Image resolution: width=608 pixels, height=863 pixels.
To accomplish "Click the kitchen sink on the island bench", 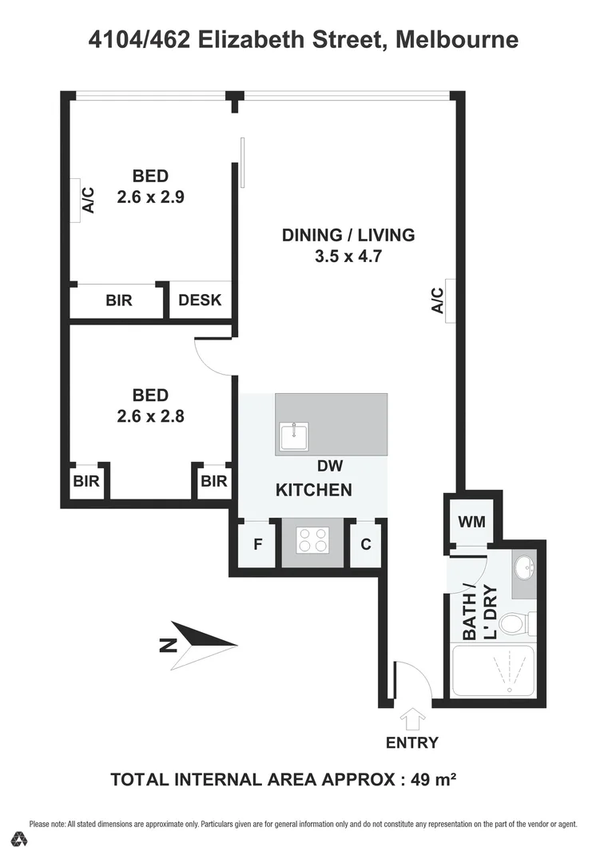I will (294, 436).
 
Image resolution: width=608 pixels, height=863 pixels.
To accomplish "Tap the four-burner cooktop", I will (312, 541).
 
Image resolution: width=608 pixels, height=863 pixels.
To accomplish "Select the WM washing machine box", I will (471, 522).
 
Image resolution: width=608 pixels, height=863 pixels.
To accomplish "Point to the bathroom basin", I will (524, 569).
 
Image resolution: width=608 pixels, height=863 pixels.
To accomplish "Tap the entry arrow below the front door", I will (413, 719).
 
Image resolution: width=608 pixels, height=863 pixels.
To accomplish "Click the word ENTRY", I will (412, 743).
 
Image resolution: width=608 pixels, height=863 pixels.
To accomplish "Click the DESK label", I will (200, 301).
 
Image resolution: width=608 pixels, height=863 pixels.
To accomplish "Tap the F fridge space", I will (258, 545).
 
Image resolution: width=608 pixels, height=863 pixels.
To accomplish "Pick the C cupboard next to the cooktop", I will (366, 545).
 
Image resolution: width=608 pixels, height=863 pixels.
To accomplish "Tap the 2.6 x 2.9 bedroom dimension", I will (150, 197).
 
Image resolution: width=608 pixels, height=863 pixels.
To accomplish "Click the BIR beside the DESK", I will (118, 301).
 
